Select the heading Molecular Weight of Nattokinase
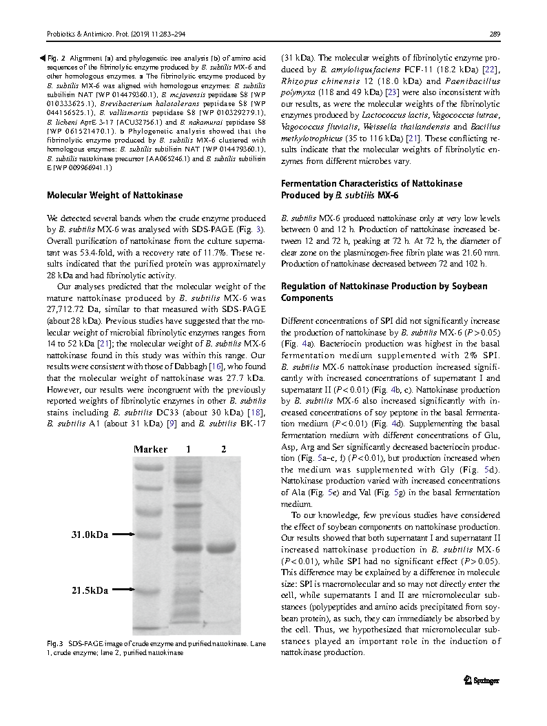(114, 195)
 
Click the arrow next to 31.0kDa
(122, 534)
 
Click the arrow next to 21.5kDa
(122, 590)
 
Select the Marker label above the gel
(150, 449)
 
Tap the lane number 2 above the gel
(223, 449)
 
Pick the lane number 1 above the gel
(187, 449)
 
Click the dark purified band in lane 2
(222, 549)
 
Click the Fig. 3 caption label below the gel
(55, 643)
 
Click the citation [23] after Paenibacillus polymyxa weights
(391, 91)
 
